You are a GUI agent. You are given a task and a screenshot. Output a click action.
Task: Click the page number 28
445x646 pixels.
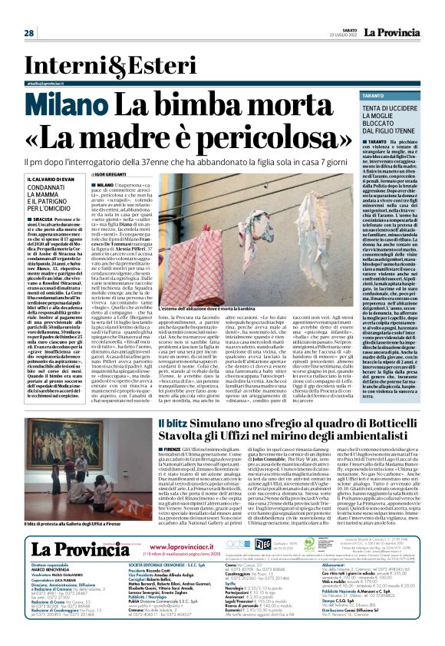coord(29,33)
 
